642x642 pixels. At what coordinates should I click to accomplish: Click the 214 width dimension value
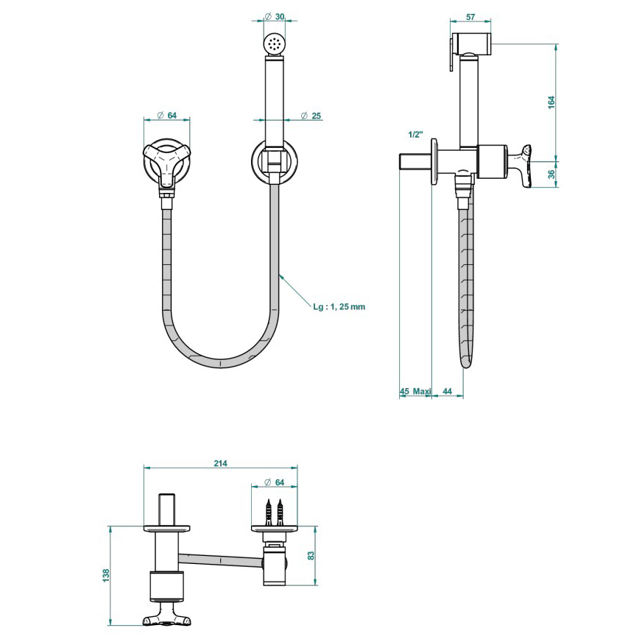click(220, 463)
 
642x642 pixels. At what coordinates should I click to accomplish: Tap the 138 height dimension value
click(107, 575)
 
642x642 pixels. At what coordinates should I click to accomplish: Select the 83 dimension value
click(311, 556)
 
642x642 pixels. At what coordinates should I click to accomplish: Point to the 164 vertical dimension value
click(551, 102)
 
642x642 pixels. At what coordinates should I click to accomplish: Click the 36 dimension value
click(551, 174)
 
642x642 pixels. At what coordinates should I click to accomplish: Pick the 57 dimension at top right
click(470, 17)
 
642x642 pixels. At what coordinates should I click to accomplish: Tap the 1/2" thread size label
click(415, 134)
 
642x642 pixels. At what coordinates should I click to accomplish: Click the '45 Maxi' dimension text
click(415, 391)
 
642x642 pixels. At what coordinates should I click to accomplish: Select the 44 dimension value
click(447, 391)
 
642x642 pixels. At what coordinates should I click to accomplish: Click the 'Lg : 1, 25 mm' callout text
click(339, 306)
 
